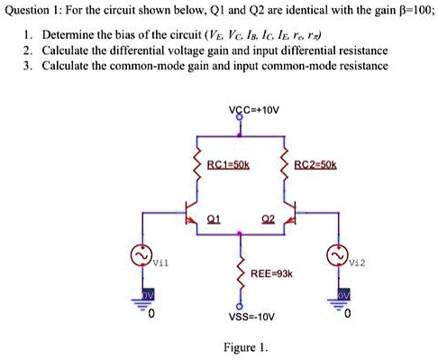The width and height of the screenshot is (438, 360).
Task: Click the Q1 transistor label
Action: (x=213, y=217)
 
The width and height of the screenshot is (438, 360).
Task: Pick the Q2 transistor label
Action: (x=268, y=217)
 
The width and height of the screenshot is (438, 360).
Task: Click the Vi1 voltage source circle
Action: (x=141, y=259)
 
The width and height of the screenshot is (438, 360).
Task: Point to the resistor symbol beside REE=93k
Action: (x=241, y=271)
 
